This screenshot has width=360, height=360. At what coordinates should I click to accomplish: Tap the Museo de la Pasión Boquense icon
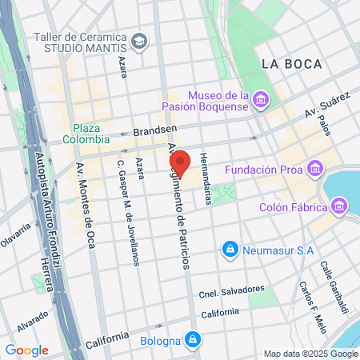point(260,99)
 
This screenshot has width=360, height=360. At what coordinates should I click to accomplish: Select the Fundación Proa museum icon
point(315,170)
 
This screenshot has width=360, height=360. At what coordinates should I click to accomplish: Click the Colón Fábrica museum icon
point(339,207)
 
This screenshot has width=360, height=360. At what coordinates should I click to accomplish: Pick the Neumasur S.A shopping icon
point(230,250)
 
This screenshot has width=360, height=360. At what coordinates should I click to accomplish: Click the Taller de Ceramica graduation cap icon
point(140,40)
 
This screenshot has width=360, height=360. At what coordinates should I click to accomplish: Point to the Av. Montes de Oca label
point(85,216)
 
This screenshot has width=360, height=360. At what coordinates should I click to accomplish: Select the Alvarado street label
point(30,320)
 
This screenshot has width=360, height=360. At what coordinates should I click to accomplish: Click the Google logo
point(26,350)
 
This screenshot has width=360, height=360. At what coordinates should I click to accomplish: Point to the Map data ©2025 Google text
point(310,354)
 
